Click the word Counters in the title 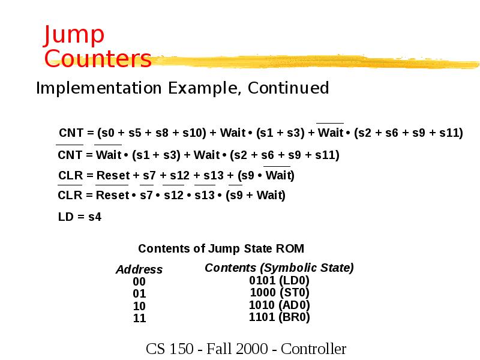(98, 59)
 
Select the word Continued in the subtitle (289, 88)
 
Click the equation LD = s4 (80, 217)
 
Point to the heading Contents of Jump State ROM (221, 248)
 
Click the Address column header (139, 269)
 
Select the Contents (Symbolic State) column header (279, 268)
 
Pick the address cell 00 (139, 282)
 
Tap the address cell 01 (139, 294)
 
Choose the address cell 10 (139, 306)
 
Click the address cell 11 (139, 319)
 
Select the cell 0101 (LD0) (279, 280)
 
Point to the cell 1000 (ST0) (279, 293)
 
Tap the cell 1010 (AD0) (279, 305)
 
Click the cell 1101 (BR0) (279, 317)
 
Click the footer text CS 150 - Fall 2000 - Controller (246, 349)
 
